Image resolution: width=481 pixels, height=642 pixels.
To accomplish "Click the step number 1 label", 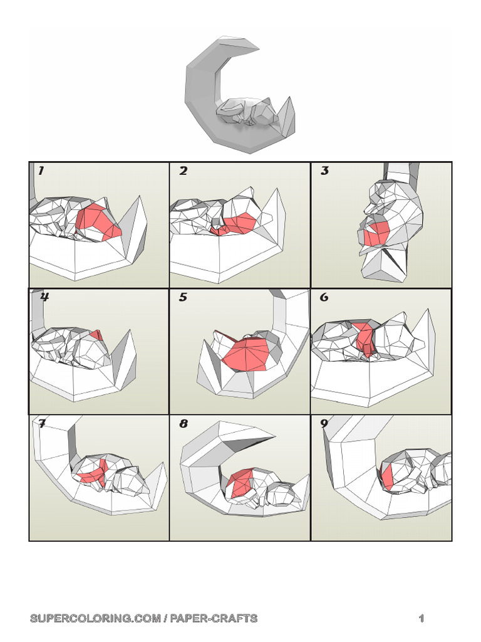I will click(41, 171).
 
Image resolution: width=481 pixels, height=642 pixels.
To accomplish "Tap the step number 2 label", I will click(183, 171).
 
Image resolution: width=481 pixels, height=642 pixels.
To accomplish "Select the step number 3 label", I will click(324, 171).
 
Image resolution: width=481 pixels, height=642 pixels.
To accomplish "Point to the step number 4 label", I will click(44, 297).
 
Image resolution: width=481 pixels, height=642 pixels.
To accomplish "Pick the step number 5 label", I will click(183, 297).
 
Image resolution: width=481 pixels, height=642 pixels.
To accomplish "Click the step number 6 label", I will click(324, 297).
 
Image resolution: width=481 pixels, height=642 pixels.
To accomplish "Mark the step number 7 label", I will click(42, 423).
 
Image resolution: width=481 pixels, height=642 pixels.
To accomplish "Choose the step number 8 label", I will click(184, 424).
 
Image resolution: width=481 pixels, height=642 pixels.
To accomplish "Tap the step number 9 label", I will click(324, 423).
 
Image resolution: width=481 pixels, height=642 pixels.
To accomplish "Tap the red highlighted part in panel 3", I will click(377, 233).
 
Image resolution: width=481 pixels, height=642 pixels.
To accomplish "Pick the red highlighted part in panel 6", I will click(365, 339).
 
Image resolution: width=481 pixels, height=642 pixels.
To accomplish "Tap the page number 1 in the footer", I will click(422, 618).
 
